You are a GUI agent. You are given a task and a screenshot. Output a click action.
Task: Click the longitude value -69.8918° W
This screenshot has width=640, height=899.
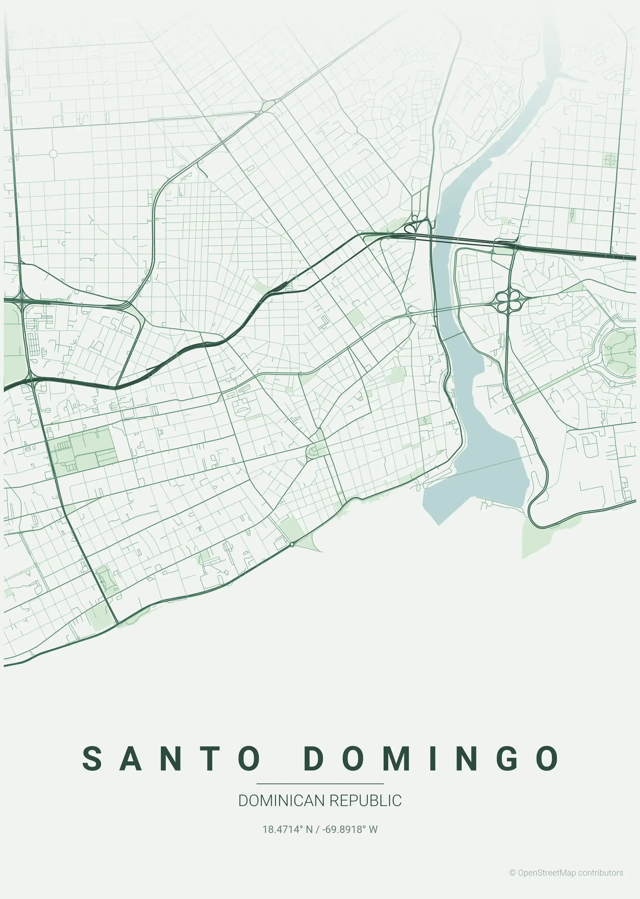[350, 829]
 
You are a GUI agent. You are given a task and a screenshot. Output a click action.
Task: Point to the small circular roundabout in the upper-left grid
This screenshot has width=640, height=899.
[53, 154]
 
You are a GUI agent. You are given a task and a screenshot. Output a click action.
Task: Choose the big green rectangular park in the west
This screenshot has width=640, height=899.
[83, 449]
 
